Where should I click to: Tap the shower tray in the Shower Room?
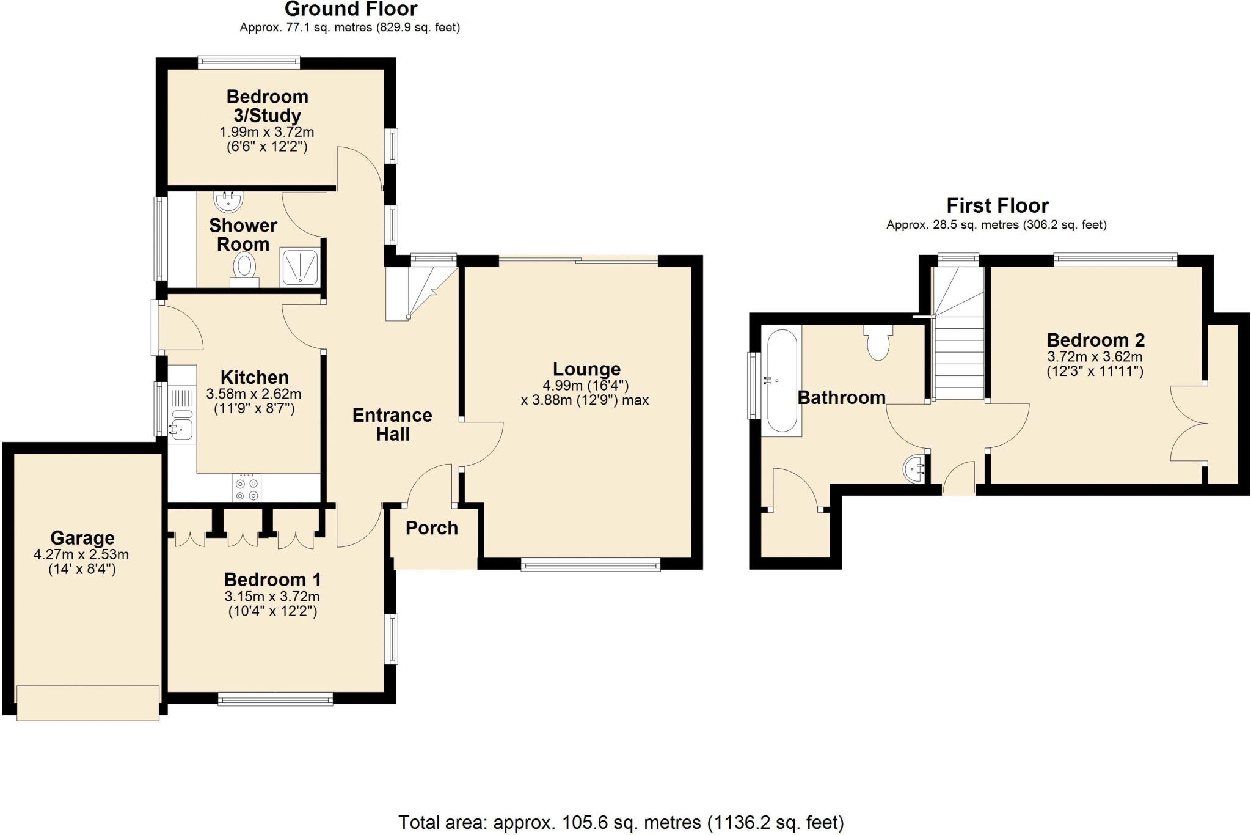[x=300, y=267]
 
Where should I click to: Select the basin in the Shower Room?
[x=229, y=199]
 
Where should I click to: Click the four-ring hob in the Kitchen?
[x=246, y=488]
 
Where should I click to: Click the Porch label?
[x=432, y=528]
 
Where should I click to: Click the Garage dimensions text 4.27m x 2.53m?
[x=81, y=555]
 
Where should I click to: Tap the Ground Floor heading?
[x=351, y=9]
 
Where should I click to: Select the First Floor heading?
[x=997, y=205]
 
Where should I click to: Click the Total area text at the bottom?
[x=621, y=822]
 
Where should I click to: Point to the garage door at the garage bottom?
[x=88, y=703]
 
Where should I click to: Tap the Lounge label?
[x=586, y=369]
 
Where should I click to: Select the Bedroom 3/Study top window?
[x=249, y=62]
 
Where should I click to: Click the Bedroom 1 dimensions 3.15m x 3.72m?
[x=272, y=597]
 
